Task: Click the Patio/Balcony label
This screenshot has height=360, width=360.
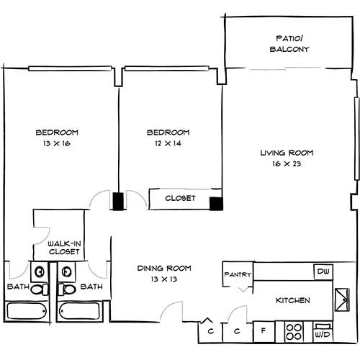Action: tap(292, 44)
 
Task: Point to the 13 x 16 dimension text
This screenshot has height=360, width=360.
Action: tap(56, 144)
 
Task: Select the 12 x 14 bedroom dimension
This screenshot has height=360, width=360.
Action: tap(168, 144)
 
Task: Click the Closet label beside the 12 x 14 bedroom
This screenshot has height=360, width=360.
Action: tap(180, 198)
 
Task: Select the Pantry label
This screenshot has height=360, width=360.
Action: tap(237, 274)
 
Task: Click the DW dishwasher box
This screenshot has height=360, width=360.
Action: tap(322, 271)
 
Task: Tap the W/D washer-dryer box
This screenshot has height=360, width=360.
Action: tap(321, 333)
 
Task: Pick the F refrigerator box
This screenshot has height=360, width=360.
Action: tap(264, 333)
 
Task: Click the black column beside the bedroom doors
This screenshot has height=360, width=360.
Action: tap(117, 201)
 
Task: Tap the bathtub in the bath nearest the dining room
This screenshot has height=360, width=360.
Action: tap(81, 311)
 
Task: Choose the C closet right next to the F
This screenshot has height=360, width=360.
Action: tap(238, 333)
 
